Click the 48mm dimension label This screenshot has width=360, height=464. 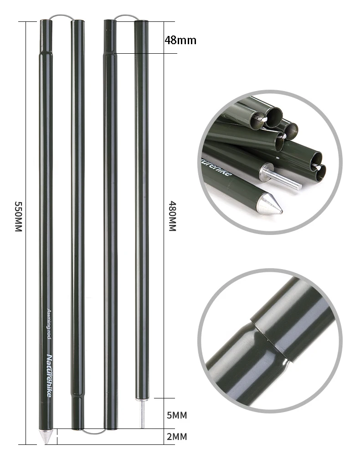coord(180,40)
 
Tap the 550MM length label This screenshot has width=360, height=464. coord(19,216)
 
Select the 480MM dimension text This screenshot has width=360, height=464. coord(172,216)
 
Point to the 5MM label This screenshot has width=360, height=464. coord(177,415)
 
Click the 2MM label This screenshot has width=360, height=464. coord(177,437)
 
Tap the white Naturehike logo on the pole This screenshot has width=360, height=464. coord(49,376)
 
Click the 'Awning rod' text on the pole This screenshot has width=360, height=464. coord(49,324)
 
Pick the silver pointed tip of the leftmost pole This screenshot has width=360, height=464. coord(46,436)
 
